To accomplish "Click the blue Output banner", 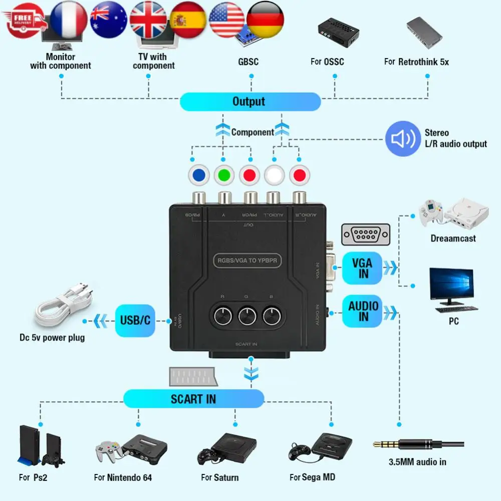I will point(249,102).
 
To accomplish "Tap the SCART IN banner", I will point(193,399).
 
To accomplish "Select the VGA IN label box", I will point(362,268).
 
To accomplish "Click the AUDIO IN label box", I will point(363,311).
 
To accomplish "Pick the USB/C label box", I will point(135,320).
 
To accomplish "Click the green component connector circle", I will point(224,175).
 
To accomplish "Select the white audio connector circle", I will point(274,175).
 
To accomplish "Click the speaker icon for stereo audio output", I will point(402,139).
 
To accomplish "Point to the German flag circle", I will point(265,20).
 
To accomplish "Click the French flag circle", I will point(69,20).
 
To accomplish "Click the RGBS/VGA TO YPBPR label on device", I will point(247,261).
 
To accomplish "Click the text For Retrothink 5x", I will point(416,62).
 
